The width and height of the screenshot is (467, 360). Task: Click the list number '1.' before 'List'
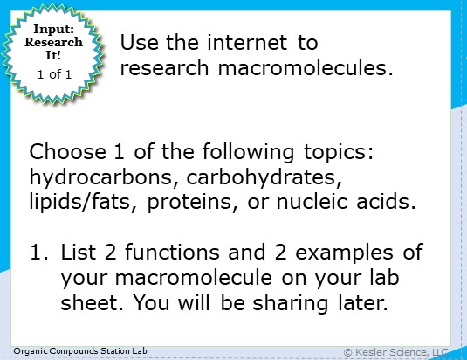pos(38,254)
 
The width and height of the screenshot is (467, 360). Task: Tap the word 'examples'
pos(350,254)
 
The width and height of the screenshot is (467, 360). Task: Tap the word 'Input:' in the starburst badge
pos(55,30)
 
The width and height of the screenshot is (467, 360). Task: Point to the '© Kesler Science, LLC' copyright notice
pos(396,351)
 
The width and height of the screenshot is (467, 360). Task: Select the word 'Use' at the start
pos(136,43)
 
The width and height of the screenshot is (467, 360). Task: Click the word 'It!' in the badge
pos(55,55)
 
